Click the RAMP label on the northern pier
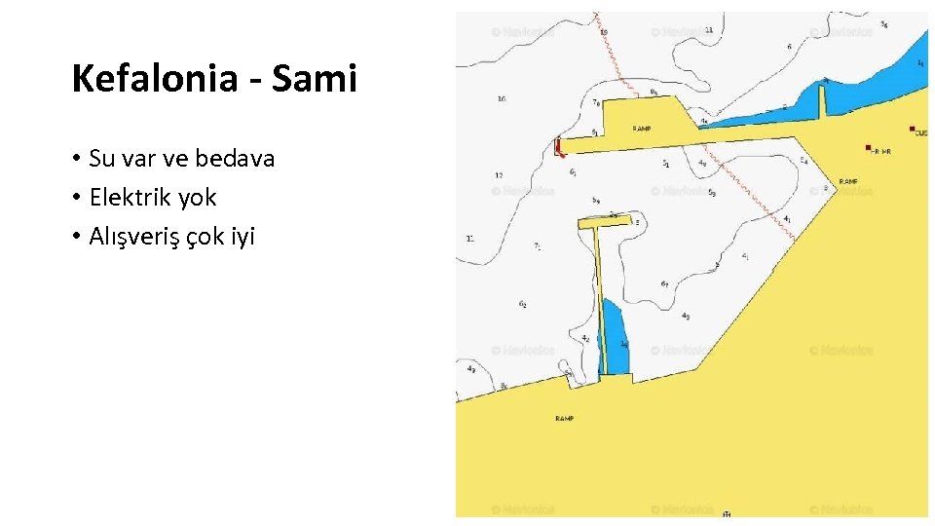[x=642, y=129]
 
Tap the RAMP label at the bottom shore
[x=565, y=418]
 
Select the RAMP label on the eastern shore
[x=848, y=181]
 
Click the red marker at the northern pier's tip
[x=558, y=147]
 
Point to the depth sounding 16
[x=501, y=98]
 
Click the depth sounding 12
[x=499, y=175]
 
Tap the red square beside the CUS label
[x=912, y=129]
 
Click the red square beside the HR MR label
[x=868, y=148]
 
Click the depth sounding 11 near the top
[x=708, y=30]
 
